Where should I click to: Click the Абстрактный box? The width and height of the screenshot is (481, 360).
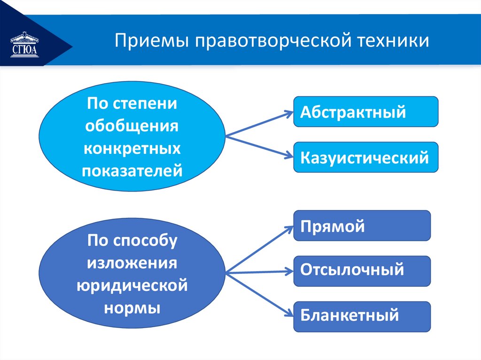point(365,112)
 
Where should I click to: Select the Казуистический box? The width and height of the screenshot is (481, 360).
point(365,157)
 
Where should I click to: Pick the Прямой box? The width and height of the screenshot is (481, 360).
point(362,226)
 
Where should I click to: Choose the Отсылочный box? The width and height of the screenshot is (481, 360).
point(362,271)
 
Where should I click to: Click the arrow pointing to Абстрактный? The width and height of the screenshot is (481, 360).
point(258,124)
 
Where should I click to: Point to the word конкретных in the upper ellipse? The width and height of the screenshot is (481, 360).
point(132,148)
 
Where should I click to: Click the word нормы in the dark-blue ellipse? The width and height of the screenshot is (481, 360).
point(132,308)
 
